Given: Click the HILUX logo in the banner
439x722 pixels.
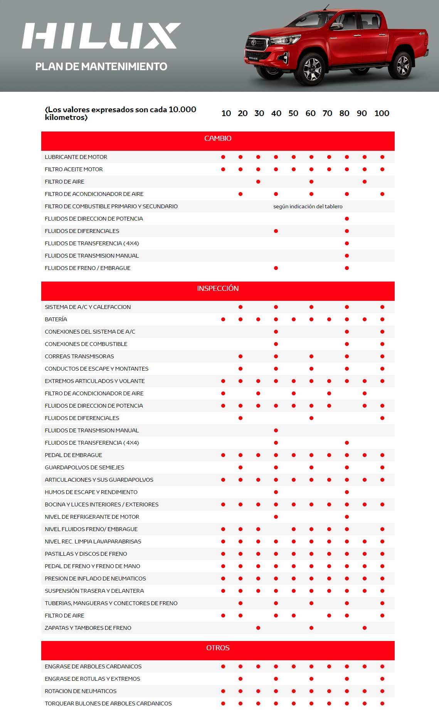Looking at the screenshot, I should pyautogui.click(x=101, y=36).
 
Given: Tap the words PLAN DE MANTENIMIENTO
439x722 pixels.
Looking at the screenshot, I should pyautogui.click(x=101, y=67).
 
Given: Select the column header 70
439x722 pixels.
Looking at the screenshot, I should pyautogui.click(x=327, y=113).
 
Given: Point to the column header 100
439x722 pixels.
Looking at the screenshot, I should pyautogui.click(x=382, y=113).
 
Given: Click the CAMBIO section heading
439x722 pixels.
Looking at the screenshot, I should pyautogui.click(x=218, y=138).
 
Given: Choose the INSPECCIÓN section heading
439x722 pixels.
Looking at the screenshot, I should pyautogui.click(x=218, y=288).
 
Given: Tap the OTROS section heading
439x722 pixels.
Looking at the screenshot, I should pyautogui.click(x=218, y=648).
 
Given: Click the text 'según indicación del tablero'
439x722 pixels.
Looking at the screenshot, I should pyautogui.click(x=308, y=206).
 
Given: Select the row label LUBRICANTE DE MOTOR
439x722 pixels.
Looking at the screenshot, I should pyautogui.click(x=76, y=157).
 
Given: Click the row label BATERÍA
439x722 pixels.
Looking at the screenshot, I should pyautogui.click(x=56, y=319).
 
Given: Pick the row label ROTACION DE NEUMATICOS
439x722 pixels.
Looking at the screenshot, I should pyautogui.click(x=81, y=691).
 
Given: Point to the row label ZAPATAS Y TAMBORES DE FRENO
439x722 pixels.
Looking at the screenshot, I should pyautogui.click(x=88, y=628).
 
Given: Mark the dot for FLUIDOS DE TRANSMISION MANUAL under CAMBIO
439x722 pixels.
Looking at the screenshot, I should pyautogui.click(x=347, y=256).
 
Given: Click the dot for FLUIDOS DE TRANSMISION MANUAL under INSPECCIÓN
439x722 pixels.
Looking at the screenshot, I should pyautogui.click(x=276, y=430).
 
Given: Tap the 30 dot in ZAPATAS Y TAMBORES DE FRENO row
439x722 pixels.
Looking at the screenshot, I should pyautogui.click(x=258, y=628).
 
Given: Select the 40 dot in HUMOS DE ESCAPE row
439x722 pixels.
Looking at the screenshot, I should pyautogui.click(x=276, y=492).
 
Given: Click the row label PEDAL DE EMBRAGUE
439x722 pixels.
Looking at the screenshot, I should pyautogui.click(x=73, y=455).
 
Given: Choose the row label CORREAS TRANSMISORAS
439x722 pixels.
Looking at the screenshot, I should pyautogui.click(x=79, y=356).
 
